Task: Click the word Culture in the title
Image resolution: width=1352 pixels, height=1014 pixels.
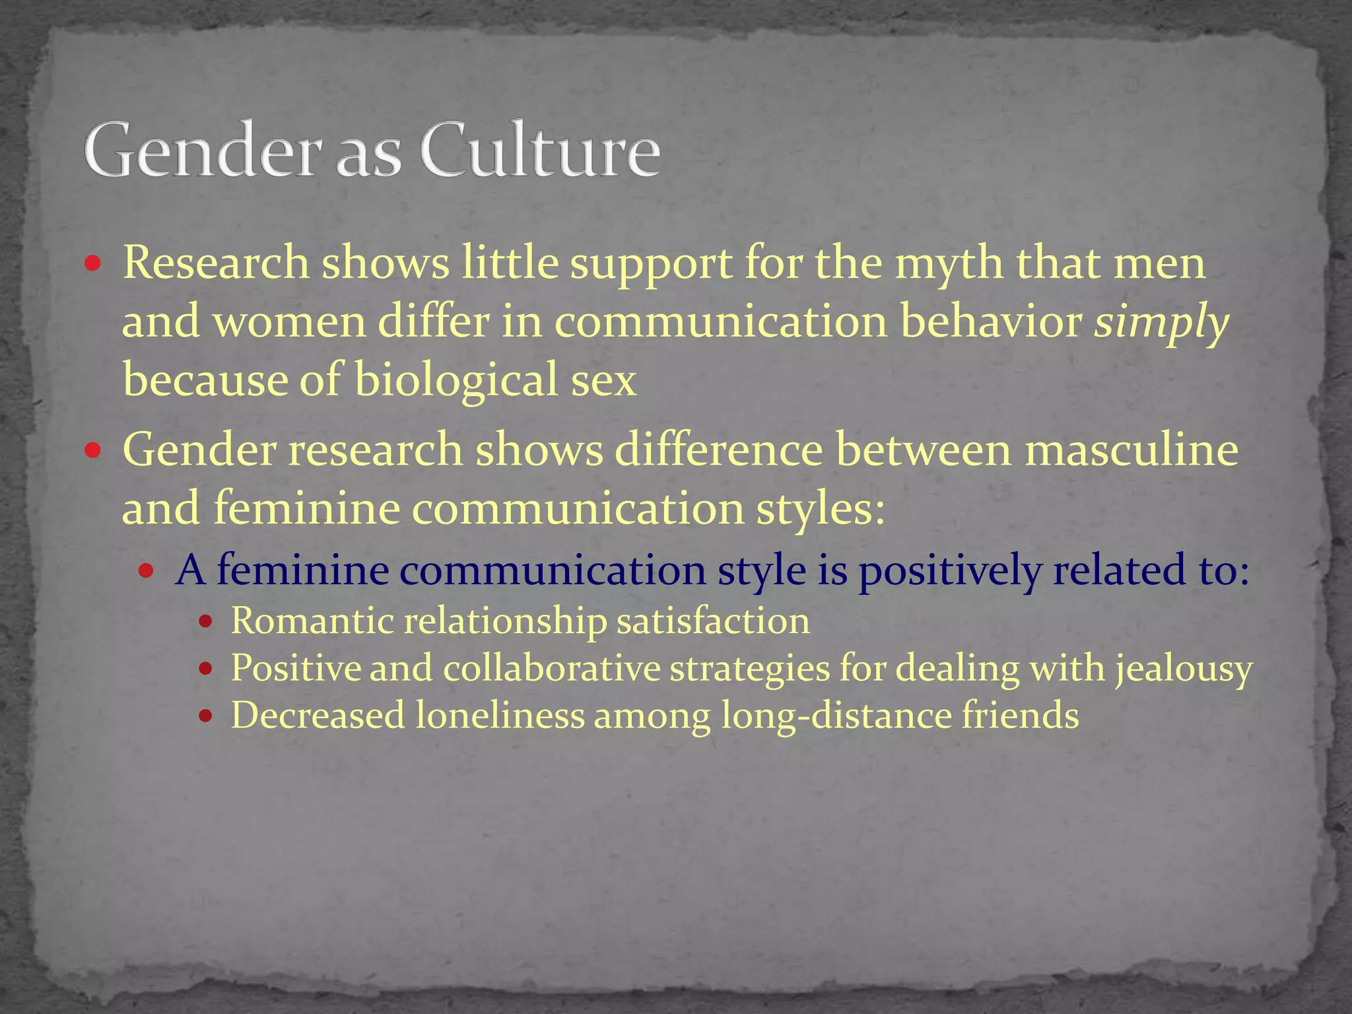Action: pyautogui.click(x=540, y=150)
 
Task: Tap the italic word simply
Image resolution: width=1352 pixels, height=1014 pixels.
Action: pyautogui.click(x=1161, y=323)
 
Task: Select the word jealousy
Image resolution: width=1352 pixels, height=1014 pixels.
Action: pyautogui.click(x=1184, y=669)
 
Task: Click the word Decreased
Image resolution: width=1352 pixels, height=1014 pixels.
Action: pyautogui.click(x=318, y=716)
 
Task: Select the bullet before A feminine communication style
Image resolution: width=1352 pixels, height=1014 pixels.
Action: pyautogui.click(x=147, y=571)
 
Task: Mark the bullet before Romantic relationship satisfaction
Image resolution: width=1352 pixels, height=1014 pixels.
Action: pyautogui.click(x=206, y=622)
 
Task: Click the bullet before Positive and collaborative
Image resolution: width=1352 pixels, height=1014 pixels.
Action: pyautogui.click(x=206, y=669)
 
